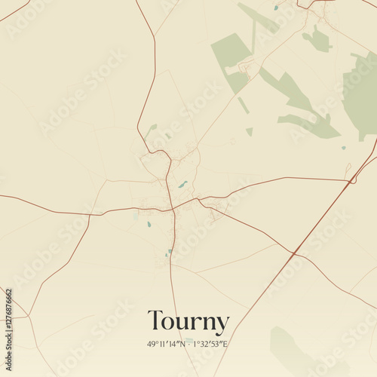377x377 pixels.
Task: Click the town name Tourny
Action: point(188,322)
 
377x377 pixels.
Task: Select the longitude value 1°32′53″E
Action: point(210,344)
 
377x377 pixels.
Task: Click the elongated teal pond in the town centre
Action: point(182,184)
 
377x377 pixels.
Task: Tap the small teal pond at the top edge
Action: point(276,8)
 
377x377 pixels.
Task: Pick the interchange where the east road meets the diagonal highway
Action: point(352,180)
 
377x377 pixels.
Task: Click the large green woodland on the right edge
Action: point(360,94)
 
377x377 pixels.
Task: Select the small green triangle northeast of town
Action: point(250,131)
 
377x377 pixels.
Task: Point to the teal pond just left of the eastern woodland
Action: point(343,148)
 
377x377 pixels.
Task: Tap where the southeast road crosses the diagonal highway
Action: point(293,253)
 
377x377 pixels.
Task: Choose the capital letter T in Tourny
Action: point(155,322)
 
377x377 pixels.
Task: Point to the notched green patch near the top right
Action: point(317,39)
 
